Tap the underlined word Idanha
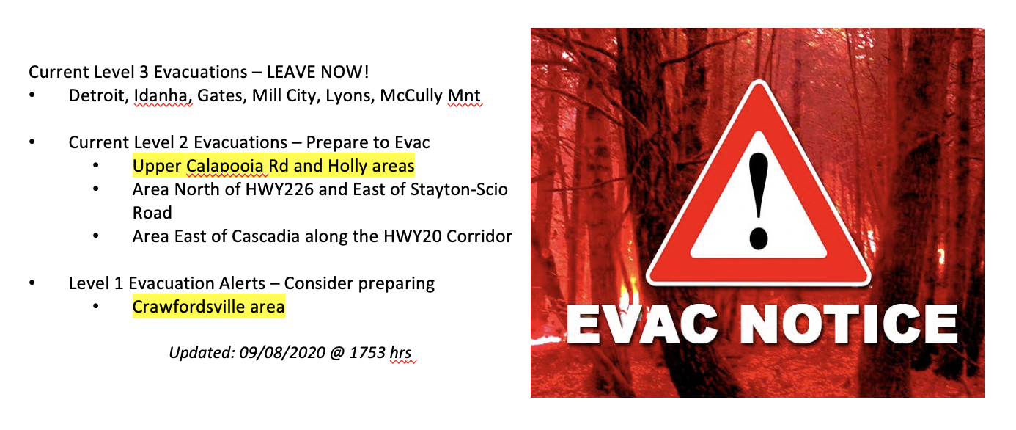(163, 95)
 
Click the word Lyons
(350, 96)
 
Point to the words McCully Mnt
(430, 95)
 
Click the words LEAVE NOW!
(317, 72)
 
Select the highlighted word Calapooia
(224, 166)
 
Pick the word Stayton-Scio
(459, 189)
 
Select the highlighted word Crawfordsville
(188, 307)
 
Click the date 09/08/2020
(282, 352)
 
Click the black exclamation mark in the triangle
(759, 200)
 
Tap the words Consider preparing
(359, 284)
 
